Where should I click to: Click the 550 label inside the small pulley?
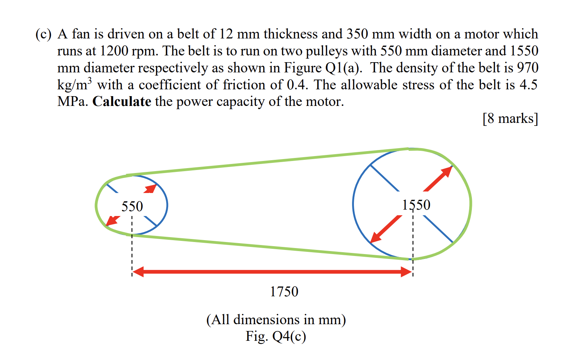click(132, 206)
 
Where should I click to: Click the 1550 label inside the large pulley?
click(416, 205)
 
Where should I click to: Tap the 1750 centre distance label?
click(284, 291)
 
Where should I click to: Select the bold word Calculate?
click(122, 101)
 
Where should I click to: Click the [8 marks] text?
click(510, 118)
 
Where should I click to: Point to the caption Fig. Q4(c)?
click(276, 336)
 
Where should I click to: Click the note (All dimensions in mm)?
click(276, 319)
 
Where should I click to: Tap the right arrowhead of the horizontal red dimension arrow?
click(406, 271)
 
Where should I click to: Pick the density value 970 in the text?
click(527, 68)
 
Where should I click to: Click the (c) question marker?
click(43, 34)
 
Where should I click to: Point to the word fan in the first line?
click(81, 34)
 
